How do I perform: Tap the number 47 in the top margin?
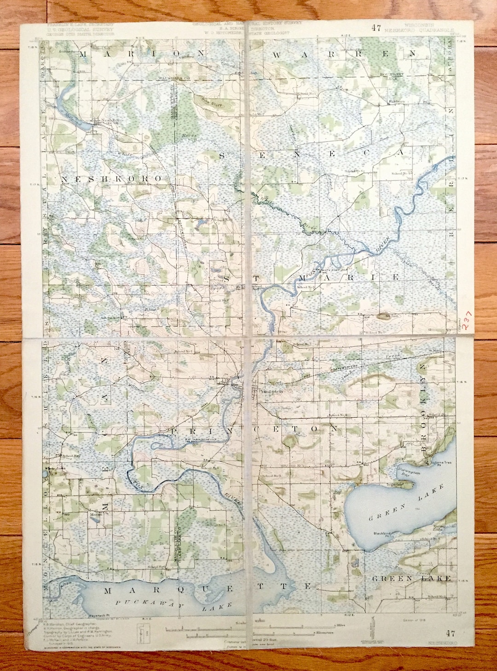(x=376, y=28)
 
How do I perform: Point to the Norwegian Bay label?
(x=407, y=471)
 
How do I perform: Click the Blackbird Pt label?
(x=382, y=533)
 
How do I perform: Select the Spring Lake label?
(x=440, y=528)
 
